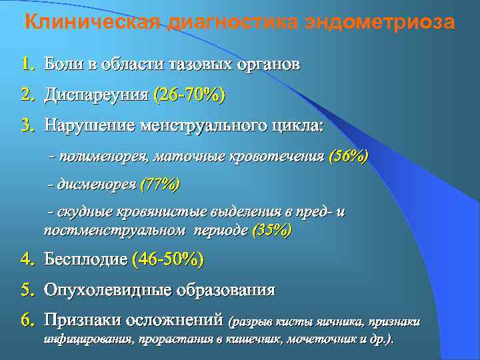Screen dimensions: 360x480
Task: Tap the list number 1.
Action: [27, 65]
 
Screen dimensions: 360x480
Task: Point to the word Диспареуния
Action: [96, 95]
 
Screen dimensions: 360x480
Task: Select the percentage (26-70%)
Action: [189, 95]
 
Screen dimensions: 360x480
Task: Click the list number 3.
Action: [27, 125]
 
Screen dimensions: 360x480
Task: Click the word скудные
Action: [84, 213]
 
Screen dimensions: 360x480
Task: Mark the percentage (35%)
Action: [272, 231]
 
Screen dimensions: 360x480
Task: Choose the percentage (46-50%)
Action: [168, 260]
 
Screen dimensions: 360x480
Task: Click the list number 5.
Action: [27, 290]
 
